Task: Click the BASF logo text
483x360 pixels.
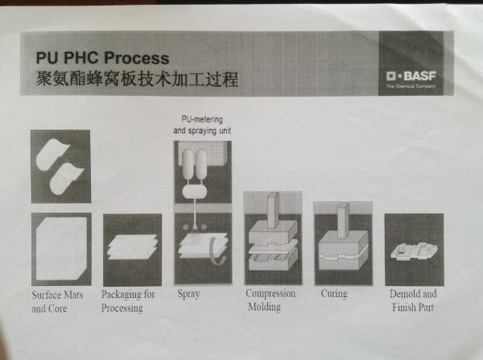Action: [x=411, y=76]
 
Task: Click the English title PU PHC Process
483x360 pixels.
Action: [x=102, y=58]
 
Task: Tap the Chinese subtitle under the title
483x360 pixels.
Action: [x=137, y=79]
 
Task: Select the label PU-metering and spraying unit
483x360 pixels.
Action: [x=202, y=125]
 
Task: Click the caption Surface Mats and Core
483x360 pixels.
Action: [x=57, y=302]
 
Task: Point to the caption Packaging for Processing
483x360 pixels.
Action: [x=128, y=301]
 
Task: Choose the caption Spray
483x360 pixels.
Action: [x=188, y=294]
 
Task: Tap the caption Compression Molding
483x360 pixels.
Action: [x=270, y=300]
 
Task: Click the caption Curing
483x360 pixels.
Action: [x=334, y=293]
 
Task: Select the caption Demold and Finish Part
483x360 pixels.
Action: [x=413, y=300]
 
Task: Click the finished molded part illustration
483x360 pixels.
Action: [x=414, y=251]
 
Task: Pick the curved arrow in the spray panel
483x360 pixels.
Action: [x=217, y=251]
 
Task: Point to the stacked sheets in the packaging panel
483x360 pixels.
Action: [x=133, y=247]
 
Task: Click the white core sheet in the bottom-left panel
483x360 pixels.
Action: [x=61, y=248]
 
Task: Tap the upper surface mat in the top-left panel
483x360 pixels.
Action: [x=52, y=154]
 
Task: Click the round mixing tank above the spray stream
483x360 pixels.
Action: [x=194, y=192]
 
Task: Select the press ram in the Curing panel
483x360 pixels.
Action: [x=343, y=221]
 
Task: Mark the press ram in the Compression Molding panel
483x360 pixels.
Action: [x=273, y=211]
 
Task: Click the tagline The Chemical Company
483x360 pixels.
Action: [x=411, y=87]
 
